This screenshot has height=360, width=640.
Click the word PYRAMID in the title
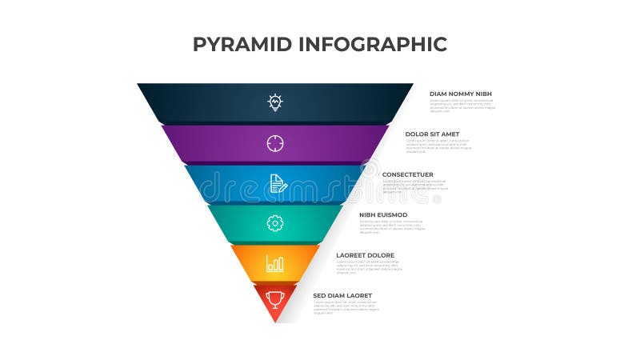(242, 44)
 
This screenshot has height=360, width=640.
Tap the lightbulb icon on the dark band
(275, 102)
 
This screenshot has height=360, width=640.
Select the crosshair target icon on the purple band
(275, 143)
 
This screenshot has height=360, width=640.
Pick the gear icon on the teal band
(275, 223)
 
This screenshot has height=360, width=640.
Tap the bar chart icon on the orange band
(275, 263)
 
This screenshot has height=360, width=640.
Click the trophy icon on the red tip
(275, 299)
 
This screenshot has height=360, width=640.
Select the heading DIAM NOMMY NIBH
(461, 94)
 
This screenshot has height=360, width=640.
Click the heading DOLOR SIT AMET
(433, 134)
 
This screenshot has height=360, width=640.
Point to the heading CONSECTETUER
(408, 174)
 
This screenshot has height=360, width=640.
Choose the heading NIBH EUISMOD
(384, 214)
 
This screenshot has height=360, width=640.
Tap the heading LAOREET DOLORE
(365, 255)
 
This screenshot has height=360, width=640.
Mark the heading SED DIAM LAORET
(342, 295)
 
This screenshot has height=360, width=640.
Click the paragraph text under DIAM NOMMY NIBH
(462, 106)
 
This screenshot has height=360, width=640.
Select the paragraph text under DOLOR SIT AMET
(438, 146)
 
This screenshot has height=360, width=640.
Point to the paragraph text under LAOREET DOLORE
(369, 266)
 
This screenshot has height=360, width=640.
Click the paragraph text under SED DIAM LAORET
(346, 307)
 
